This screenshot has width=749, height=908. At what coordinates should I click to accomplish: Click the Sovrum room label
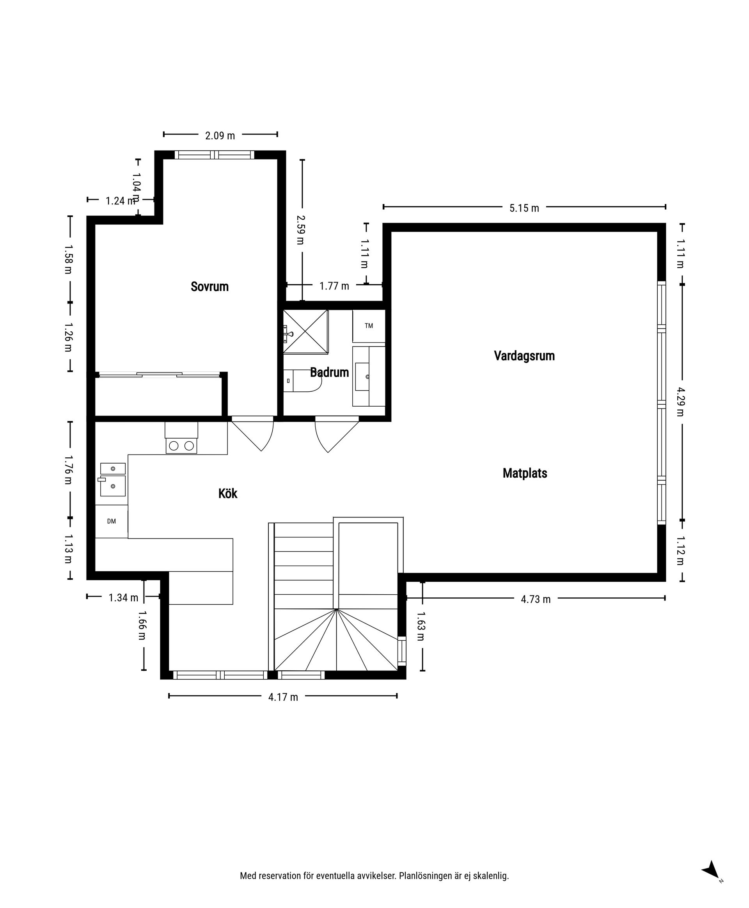[x=210, y=286]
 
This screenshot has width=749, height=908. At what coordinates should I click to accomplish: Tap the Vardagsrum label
[x=524, y=355]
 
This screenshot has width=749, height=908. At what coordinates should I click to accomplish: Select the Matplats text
[x=525, y=473]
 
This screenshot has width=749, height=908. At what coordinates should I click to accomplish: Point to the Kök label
[x=228, y=493]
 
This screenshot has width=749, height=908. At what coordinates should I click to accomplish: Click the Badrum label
[x=329, y=372]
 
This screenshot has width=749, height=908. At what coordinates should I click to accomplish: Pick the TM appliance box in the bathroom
[x=369, y=326]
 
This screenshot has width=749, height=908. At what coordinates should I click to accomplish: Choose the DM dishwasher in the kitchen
[x=111, y=521]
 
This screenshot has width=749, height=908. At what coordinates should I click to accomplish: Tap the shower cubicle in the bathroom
[x=305, y=332]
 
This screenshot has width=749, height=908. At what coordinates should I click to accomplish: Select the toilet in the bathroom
[x=302, y=380]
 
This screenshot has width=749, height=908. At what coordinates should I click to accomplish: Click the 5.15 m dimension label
[x=524, y=208]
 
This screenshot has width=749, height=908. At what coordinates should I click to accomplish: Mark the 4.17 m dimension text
[x=283, y=697]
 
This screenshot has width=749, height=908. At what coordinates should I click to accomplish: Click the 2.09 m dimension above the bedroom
[x=220, y=135]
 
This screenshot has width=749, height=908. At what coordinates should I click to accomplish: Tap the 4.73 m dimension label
[x=536, y=599]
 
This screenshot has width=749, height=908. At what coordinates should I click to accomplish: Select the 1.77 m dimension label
[x=334, y=286]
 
